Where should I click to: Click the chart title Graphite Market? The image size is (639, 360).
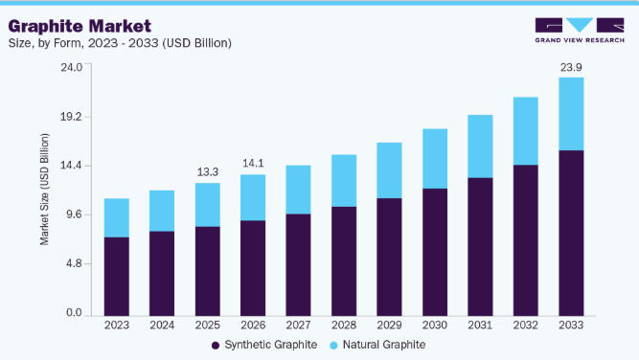[80, 27]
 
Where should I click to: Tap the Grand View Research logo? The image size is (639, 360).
[580, 30]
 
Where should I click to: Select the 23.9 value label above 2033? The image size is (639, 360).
[571, 67]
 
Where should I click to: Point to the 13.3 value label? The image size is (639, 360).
[208, 171]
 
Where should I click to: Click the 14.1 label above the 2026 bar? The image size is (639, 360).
[253, 164]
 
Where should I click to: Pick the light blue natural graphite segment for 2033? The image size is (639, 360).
[571, 114]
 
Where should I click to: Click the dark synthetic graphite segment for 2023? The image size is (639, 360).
[117, 277]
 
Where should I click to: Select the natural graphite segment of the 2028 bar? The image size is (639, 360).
[344, 181]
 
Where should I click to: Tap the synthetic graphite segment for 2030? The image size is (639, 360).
[435, 252]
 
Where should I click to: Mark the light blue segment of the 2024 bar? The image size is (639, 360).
[162, 211]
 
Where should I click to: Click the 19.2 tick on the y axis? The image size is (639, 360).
[71, 117]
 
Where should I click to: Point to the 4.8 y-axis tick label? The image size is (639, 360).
[74, 263]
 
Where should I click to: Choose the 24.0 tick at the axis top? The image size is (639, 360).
[71, 67]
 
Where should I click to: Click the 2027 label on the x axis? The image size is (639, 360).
[298, 325]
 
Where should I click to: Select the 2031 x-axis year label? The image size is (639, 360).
[480, 325]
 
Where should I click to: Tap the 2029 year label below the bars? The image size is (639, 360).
[389, 325]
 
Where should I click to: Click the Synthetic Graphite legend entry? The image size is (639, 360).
[264, 345]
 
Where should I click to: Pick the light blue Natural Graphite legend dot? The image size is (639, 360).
[333, 346]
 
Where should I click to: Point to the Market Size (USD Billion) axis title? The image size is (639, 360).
[44, 190]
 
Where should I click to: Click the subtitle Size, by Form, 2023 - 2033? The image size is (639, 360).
[120, 43]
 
